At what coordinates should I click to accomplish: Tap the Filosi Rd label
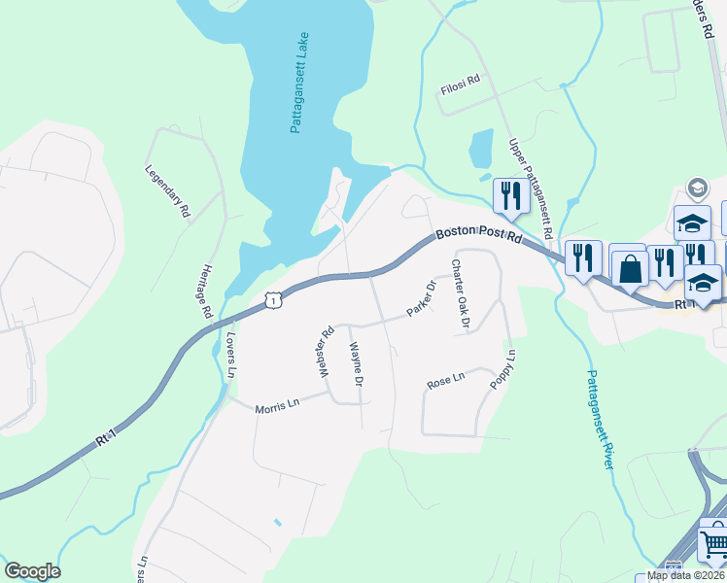coord(461,86)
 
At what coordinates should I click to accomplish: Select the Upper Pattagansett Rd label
coord(530,189)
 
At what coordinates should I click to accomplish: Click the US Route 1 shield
coord(274,301)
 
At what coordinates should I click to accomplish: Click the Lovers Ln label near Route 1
coord(231,355)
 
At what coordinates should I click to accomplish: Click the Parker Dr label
coord(422,299)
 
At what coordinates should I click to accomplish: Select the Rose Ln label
coord(446,381)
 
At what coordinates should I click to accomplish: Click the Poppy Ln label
coord(502,370)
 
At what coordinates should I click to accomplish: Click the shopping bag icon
coord(630,267)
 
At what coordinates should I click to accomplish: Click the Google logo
coord(32,571)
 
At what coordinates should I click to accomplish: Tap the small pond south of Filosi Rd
coord(481,149)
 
